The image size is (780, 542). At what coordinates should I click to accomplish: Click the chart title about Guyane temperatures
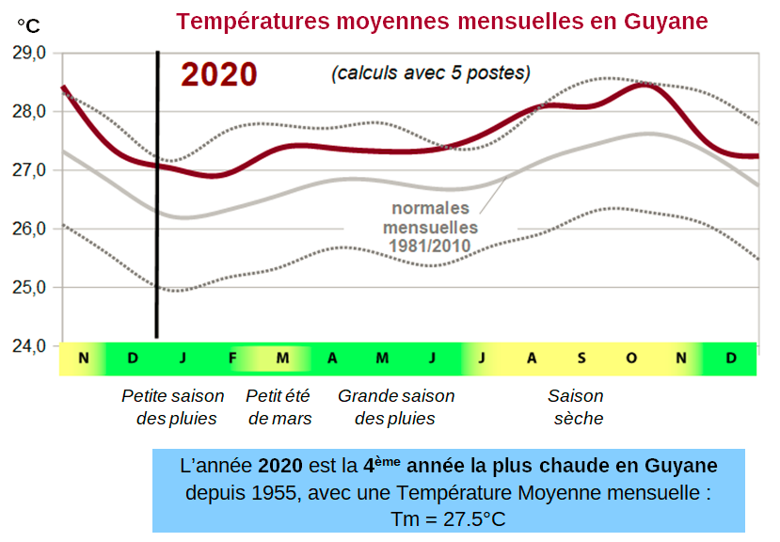[x=441, y=21]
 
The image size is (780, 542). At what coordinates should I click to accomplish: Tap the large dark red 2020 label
[x=218, y=74]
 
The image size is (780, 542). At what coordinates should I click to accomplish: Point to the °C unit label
[x=28, y=25]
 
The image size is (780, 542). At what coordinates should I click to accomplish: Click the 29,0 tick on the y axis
[x=29, y=54]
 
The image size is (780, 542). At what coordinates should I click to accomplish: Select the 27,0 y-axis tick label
[x=29, y=170]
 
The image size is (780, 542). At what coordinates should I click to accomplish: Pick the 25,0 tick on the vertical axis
[x=29, y=287]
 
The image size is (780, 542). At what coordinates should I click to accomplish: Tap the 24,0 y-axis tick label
[x=29, y=345]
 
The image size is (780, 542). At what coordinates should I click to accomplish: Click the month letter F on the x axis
[x=232, y=359]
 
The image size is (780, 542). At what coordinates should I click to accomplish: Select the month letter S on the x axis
[x=581, y=359]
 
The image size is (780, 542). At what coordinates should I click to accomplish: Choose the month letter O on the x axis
[x=631, y=359]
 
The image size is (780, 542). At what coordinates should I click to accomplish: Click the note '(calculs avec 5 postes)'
[x=430, y=72]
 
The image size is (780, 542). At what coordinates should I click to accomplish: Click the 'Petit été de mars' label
[x=279, y=407]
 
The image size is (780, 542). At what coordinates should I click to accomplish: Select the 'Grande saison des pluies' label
[x=395, y=407]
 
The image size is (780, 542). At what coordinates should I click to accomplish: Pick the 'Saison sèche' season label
[x=577, y=407]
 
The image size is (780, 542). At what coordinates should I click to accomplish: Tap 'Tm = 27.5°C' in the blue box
[x=448, y=519]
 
